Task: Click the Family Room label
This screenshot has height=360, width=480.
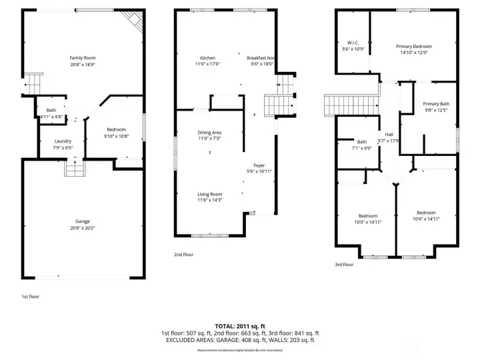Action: coord(83,58)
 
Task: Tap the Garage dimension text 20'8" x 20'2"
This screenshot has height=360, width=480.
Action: coord(83,227)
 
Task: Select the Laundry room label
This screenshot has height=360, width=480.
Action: coord(63,141)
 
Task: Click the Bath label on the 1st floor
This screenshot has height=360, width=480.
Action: coord(51,110)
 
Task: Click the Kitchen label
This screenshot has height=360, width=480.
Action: coord(207,58)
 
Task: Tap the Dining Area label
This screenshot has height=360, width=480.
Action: coord(209,133)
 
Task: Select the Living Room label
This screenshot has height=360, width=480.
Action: coord(209,194)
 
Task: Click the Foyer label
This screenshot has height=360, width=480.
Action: coord(259,165)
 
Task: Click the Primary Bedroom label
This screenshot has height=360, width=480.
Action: coord(413,46)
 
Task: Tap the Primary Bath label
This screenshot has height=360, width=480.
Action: coord(436,104)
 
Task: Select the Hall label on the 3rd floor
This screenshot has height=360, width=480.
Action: coord(388,135)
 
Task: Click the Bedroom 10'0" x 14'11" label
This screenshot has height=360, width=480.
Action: coord(368,216)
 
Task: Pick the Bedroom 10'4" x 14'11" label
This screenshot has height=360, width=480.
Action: coord(426,213)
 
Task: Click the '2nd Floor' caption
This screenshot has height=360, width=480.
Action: coord(184,254)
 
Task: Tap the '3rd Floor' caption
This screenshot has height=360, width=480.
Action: coord(344,264)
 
